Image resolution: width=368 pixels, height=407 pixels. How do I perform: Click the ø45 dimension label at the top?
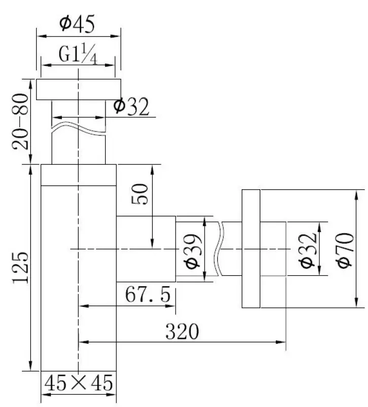coord(78,23)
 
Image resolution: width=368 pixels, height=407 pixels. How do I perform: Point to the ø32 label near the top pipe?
coord(131,107)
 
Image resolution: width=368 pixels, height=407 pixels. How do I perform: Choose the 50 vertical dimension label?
coord(142,193)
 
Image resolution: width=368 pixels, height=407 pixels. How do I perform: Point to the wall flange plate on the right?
coord(251,249)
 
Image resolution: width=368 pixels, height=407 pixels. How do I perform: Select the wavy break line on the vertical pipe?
coord(79,128)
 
